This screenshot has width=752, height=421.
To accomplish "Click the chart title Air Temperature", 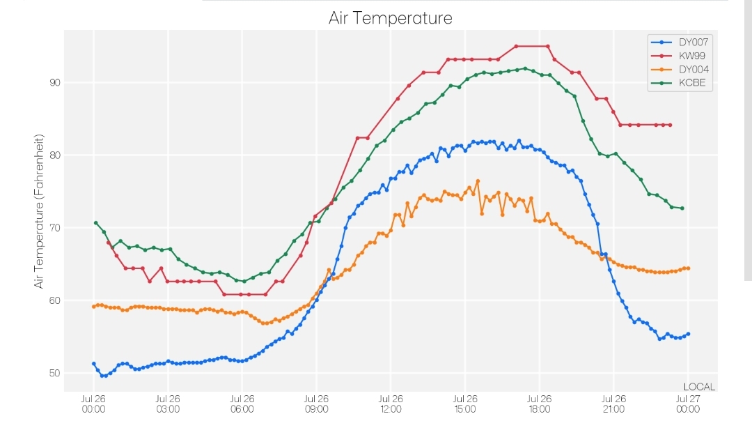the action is (391, 18).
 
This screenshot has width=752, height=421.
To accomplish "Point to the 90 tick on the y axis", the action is (55, 82).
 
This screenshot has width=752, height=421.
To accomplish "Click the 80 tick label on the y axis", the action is (55, 155).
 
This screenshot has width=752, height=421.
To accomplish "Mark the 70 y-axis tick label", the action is (55, 227).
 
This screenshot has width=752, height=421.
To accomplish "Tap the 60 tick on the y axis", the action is (55, 300).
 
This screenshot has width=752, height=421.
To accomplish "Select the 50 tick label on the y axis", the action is (55, 373).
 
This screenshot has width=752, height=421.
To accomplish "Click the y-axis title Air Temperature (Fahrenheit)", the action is (39, 211).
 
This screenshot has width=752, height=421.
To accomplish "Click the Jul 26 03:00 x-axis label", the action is (168, 404).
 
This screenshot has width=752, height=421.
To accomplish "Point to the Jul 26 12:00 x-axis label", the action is (391, 404).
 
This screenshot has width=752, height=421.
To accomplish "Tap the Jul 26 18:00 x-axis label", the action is (540, 404).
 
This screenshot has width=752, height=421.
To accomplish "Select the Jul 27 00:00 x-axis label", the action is (688, 404).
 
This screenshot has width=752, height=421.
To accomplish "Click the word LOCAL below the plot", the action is (699, 387).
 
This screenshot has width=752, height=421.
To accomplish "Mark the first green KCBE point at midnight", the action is (96, 223).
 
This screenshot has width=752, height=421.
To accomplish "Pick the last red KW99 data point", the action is (670, 125).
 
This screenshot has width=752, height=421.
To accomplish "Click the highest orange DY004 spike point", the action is (478, 181).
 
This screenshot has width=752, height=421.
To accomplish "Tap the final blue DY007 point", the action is (688, 334).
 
